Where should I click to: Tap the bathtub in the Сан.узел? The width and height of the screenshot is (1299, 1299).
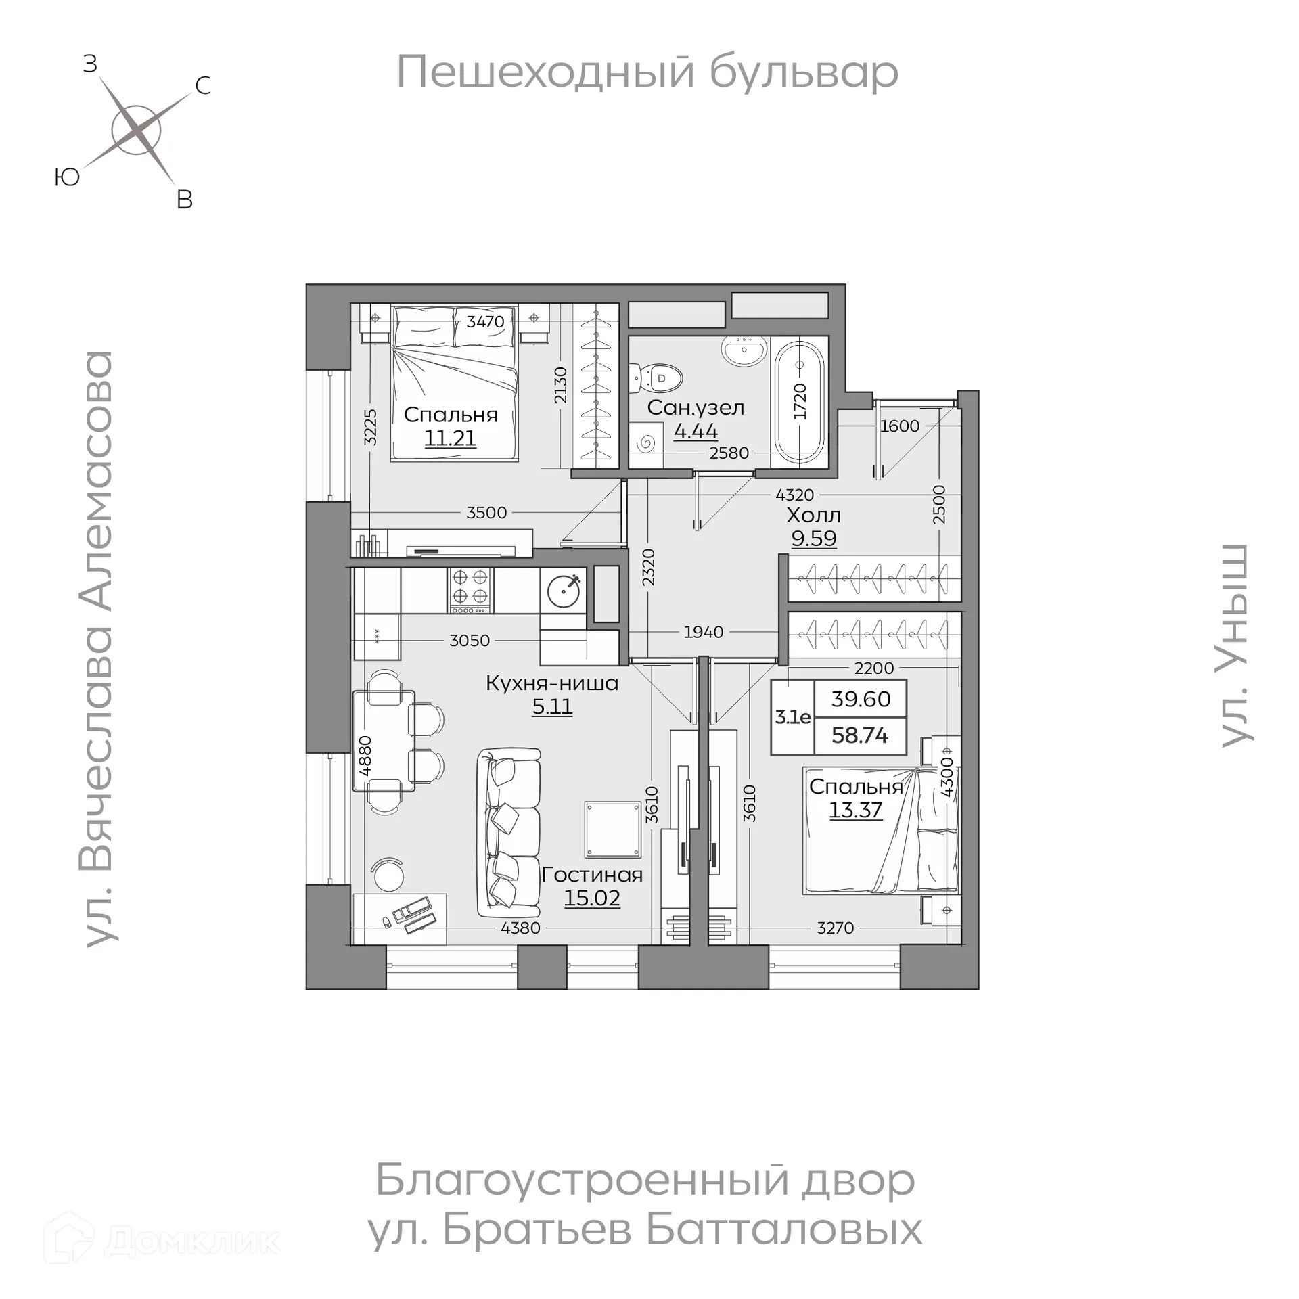coord(800,403)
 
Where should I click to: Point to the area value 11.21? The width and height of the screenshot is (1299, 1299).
coord(450,438)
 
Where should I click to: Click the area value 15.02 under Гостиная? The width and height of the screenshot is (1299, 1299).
coord(592,898)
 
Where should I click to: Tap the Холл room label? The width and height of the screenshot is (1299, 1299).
coord(813,516)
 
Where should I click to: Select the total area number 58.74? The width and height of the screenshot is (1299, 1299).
coord(860,735)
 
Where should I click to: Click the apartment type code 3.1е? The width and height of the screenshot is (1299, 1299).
coord(792,717)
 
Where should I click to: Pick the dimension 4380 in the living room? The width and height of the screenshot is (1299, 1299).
coord(520,928)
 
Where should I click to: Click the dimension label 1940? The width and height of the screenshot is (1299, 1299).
coord(704,632)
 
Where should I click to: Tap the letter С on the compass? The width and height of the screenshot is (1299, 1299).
coord(202,86)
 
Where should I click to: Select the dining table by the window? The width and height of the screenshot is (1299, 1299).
coord(384,740)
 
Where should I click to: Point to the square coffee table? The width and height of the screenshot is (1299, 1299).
coord(613,829)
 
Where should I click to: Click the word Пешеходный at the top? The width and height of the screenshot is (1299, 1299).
coord(545,72)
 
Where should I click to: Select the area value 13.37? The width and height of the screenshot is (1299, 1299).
coord(856,810)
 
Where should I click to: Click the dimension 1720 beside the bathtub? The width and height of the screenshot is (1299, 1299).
coord(800,401)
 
